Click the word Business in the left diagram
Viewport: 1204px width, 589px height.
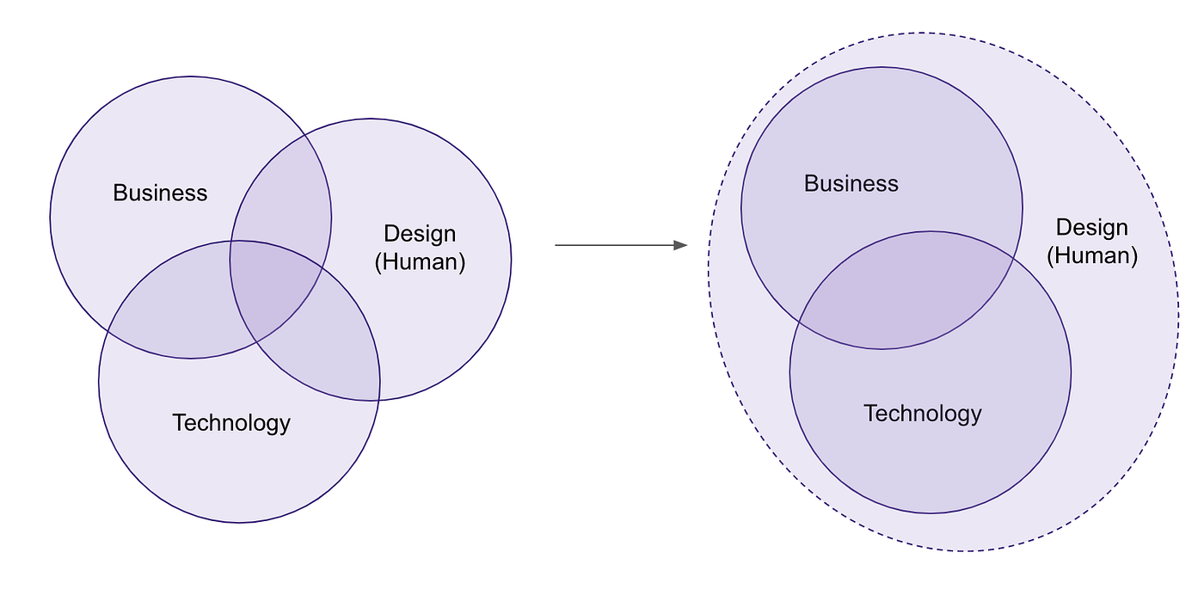tap(160, 193)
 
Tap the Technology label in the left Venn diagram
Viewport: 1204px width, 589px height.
tap(231, 423)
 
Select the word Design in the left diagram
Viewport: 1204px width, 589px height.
tap(420, 234)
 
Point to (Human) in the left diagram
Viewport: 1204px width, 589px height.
tap(420, 261)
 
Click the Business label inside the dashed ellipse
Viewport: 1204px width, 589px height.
tap(851, 183)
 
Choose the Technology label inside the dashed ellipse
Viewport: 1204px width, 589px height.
tap(922, 414)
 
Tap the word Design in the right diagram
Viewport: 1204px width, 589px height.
tap(1091, 228)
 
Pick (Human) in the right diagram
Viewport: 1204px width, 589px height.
tap(1092, 255)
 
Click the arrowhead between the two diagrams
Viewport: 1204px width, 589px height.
tap(680, 245)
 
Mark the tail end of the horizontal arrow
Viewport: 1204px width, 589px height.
tap(557, 245)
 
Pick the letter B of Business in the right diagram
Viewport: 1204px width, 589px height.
tap(810, 183)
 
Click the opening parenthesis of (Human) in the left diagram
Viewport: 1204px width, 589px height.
tap(378, 262)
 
